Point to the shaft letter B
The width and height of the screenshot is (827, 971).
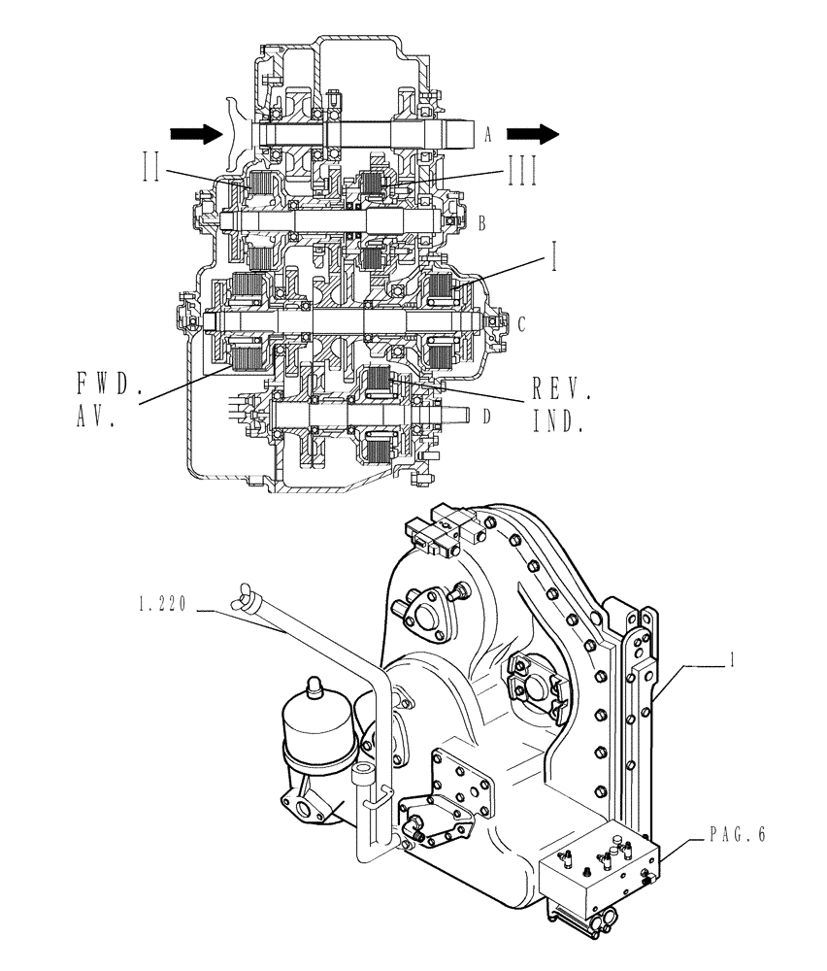pos(481,223)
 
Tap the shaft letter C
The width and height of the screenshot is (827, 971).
pos(521,322)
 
